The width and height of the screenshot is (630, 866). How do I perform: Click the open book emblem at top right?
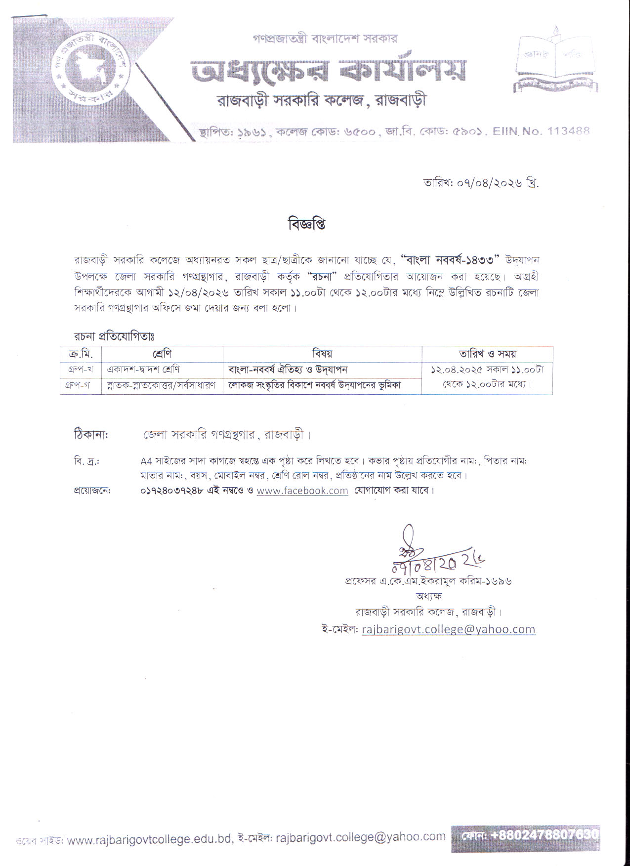(x=555, y=64)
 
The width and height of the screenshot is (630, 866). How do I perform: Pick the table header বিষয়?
(x=322, y=354)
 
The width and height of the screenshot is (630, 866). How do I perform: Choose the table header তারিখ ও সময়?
(x=487, y=354)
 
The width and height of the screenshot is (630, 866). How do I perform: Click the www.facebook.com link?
(x=302, y=491)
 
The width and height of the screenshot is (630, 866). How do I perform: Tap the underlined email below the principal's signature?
(x=448, y=629)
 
